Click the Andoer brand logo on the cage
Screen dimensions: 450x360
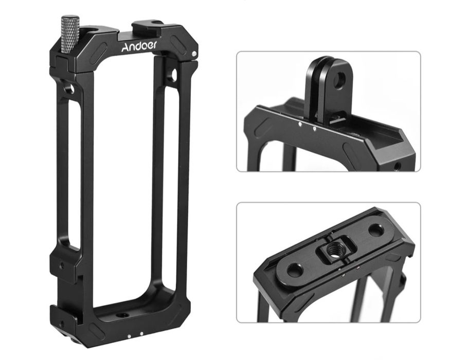(139, 46)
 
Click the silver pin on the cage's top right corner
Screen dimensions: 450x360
(194, 53)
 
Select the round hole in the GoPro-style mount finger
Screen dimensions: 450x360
(340, 78)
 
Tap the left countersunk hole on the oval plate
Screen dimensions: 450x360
(294, 270)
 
